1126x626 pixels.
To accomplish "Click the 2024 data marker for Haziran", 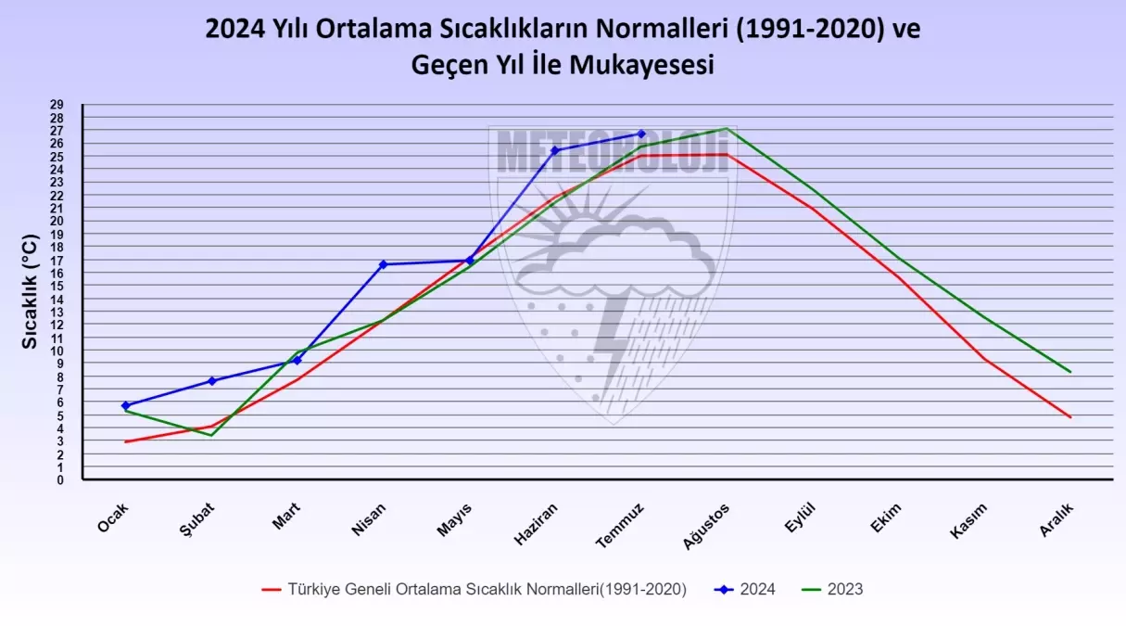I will click(x=555, y=150).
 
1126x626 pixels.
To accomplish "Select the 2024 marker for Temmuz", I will click(x=640, y=134).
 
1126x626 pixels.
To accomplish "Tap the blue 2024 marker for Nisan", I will click(x=383, y=264).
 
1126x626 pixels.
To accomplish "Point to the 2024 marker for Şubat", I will click(x=212, y=381).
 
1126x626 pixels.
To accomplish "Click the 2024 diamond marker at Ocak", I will click(x=125, y=405).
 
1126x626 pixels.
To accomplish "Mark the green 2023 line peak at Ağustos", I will click(x=726, y=128).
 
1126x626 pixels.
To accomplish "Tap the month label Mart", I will click(x=286, y=516).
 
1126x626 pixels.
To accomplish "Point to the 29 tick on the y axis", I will click(x=58, y=105).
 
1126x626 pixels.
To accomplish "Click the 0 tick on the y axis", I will click(x=60, y=479).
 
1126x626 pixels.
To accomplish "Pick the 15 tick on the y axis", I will click(x=58, y=287).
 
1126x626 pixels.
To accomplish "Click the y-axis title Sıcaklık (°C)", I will click(x=31, y=291).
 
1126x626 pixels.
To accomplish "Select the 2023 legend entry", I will click(x=834, y=589).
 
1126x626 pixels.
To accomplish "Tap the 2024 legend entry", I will click(x=747, y=589).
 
